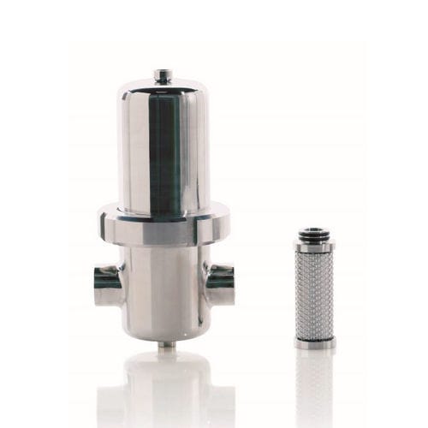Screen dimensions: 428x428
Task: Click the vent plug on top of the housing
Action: tap(162, 76)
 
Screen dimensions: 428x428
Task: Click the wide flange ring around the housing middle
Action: tap(163, 225)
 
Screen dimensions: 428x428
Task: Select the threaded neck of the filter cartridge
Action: tap(314, 235)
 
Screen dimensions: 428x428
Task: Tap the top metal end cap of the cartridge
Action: tap(314, 247)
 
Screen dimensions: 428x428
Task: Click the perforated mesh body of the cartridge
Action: tap(314, 295)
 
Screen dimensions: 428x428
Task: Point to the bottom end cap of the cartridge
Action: tap(314, 342)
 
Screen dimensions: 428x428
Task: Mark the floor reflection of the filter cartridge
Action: tap(314, 385)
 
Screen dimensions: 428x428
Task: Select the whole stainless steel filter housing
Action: tap(163, 214)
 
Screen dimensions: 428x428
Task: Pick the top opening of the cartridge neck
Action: tap(314, 229)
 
